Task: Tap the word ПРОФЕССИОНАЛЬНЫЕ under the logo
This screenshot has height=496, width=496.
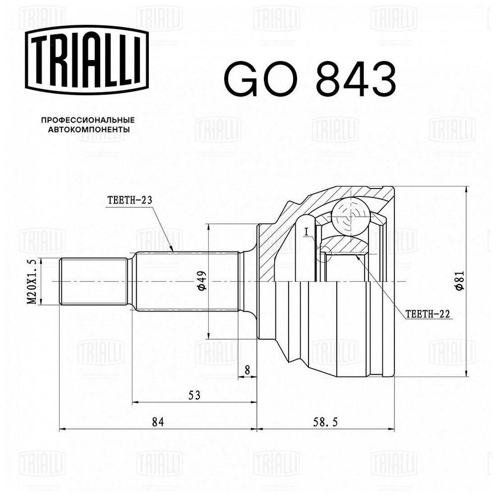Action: coord(88,120)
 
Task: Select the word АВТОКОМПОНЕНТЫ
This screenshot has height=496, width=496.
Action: coord(89,129)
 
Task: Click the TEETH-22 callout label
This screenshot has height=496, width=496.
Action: coord(427,314)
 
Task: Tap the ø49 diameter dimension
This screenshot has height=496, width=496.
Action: coord(202,281)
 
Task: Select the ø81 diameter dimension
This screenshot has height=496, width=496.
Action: coord(459,281)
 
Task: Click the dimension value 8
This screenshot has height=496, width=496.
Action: coord(247,369)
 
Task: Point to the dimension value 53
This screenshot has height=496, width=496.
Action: coord(194,395)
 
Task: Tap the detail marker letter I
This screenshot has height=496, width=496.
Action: coord(306,233)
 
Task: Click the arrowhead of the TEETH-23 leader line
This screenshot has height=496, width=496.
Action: coord(171,249)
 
